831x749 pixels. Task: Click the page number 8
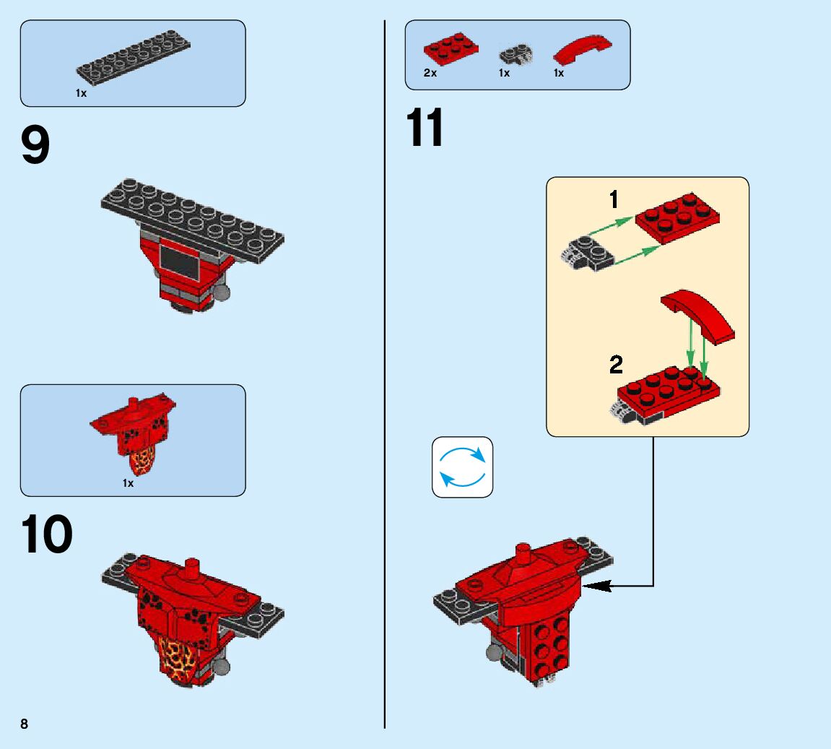pyautogui.click(x=24, y=724)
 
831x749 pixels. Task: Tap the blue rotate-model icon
pyautogui.click(x=462, y=467)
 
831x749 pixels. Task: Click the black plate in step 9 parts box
pyautogui.click(x=134, y=55)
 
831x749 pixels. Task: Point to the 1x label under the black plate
pyautogui.click(x=81, y=93)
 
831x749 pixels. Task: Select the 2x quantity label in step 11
pyautogui.click(x=430, y=73)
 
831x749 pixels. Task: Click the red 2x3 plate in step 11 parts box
pyautogui.click(x=451, y=48)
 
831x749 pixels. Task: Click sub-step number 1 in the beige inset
pyautogui.click(x=614, y=199)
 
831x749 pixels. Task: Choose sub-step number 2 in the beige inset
pyautogui.click(x=615, y=365)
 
